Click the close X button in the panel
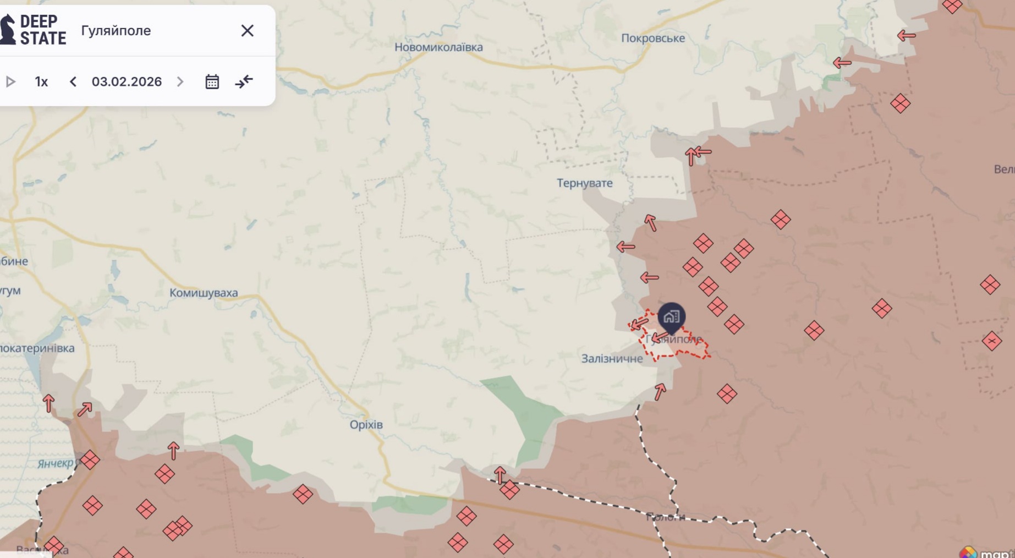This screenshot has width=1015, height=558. (247, 31)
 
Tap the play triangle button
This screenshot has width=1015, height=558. (10, 82)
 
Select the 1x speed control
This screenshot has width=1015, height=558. (41, 82)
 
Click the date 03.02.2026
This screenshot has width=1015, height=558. (127, 82)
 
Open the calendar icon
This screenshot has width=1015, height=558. (212, 82)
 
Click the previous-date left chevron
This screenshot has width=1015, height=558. (73, 82)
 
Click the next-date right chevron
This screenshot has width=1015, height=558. (180, 82)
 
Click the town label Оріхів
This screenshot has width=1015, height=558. (366, 425)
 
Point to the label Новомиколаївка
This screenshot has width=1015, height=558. (438, 47)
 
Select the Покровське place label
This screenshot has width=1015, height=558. (653, 38)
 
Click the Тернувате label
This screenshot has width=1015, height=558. (584, 183)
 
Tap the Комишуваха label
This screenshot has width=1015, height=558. (204, 293)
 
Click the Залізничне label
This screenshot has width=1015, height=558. (612, 359)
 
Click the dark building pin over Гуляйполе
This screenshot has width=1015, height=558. (671, 316)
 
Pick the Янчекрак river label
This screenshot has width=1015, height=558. (55, 463)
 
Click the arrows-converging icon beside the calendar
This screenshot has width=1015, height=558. (244, 82)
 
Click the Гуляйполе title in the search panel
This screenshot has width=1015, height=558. (116, 31)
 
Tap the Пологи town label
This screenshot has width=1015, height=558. (665, 517)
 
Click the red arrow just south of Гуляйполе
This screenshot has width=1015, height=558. (660, 391)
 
